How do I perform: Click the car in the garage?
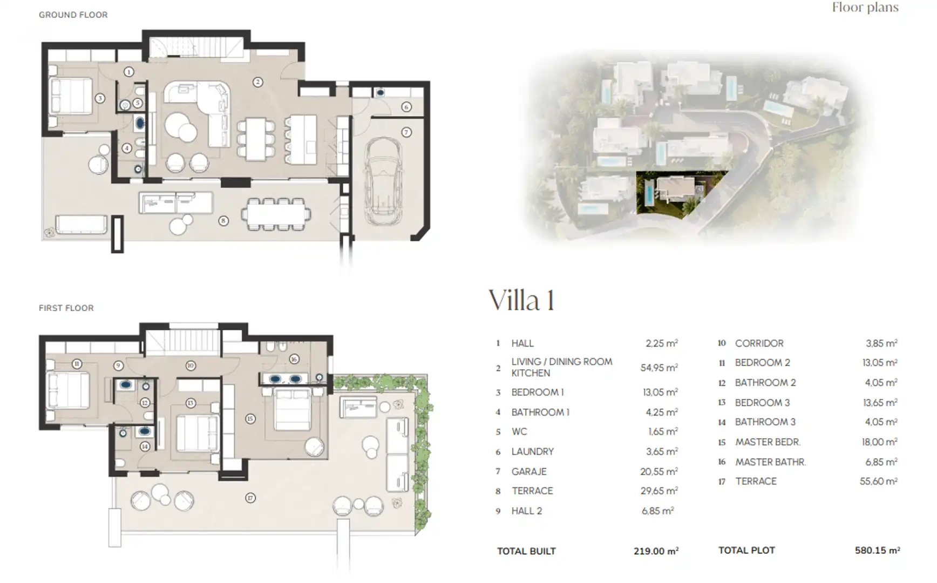(384, 181)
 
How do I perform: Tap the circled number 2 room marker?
(258, 82)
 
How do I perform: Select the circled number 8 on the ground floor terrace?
(223, 220)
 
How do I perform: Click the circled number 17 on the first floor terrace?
(250, 498)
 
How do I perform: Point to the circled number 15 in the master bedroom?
(250, 418)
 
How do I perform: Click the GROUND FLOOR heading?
(73, 15)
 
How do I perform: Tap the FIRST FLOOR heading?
(66, 308)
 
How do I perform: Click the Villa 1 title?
(521, 300)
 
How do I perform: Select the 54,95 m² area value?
(659, 368)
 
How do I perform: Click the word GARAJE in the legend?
(529, 471)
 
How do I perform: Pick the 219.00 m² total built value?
(656, 551)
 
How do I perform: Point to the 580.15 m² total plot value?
(877, 550)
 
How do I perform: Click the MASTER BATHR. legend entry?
(770, 462)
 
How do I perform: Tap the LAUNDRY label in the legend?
(533, 451)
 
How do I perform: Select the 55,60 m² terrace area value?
(879, 481)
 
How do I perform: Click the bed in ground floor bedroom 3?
(71, 96)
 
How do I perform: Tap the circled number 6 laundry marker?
(406, 107)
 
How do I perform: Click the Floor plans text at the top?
(865, 8)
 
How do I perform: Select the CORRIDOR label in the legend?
(759, 343)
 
